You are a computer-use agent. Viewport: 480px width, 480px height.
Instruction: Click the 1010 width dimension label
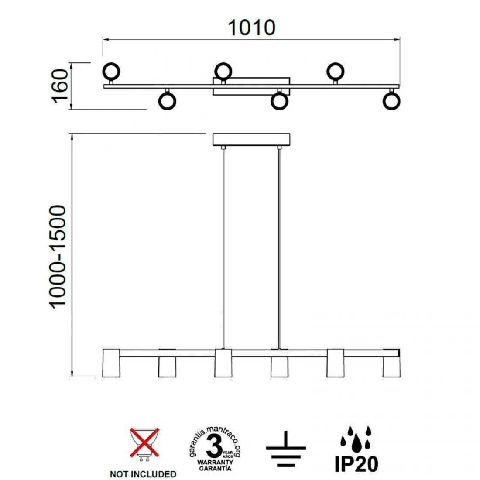[x=252, y=28]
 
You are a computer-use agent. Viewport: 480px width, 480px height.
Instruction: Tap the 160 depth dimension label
[x=60, y=86]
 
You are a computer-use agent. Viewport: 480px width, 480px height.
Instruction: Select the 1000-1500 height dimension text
[x=58, y=257]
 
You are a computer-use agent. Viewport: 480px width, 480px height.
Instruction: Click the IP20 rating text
[x=357, y=464]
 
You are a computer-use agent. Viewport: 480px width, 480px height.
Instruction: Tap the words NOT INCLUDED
[x=143, y=474]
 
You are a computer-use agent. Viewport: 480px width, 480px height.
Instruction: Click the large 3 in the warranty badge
[x=214, y=446]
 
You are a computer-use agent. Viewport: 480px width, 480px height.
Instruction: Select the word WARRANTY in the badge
[x=215, y=462]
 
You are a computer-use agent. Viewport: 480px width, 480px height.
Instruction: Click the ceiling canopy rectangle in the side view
[x=251, y=139]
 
